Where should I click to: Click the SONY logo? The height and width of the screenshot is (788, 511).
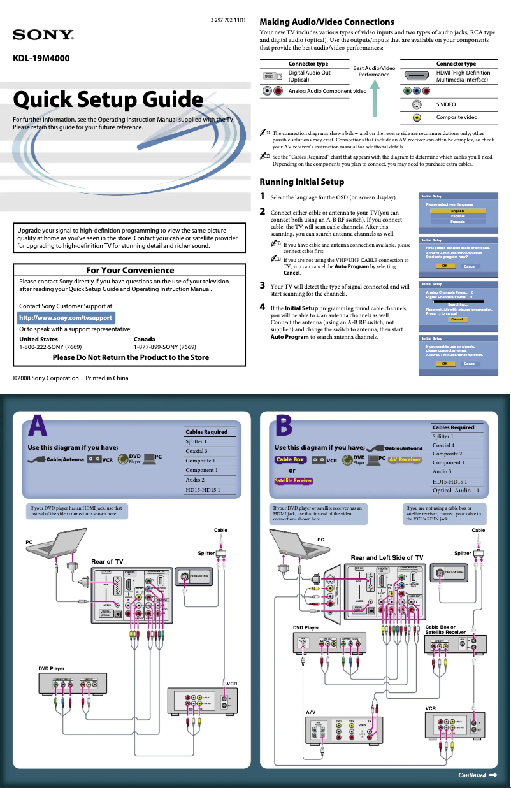point(43,34)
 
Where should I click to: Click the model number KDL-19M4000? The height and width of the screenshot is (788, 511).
point(41,59)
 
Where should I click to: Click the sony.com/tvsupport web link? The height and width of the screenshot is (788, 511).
point(66,317)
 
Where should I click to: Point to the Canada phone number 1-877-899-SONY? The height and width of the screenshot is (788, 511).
point(164,347)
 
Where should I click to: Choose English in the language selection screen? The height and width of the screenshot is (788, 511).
point(457,211)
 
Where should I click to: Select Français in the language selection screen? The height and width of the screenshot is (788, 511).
point(457,222)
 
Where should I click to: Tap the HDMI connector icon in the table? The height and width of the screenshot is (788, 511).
point(416,76)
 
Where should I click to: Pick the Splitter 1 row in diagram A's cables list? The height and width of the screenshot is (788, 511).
point(196,441)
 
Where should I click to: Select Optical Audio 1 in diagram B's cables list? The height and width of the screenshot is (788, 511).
point(456,491)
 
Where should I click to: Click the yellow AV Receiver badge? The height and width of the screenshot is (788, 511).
point(405,459)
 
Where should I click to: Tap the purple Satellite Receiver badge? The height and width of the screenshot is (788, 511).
point(294,480)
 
